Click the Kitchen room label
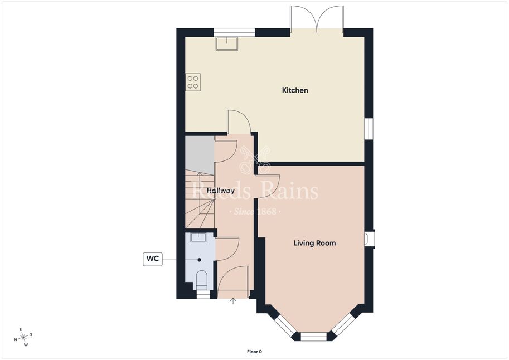pyautogui.click(x=295, y=90)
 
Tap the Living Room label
pyautogui.click(x=314, y=243)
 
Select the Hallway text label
pyautogui.click(x=221, y=191)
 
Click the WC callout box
pyautogui.click(x=153, y=259)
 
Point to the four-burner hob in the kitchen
pyautogui.click(x=193, y=82)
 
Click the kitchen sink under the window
pyautogui.click(x=227, y=43)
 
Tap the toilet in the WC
pyautogui.click(x=202, y=280)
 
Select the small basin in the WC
pyautogui.click(x=198, y=237)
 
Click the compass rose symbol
pyautogui.click(x=23, y=337)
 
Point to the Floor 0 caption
pyautogui.click(x=254, y=352)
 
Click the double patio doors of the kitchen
pyautogui.click(x=317, y=19)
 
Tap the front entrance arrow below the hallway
pyautogui.click(x=232, y=301)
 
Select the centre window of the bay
pyautogui.click(x=313, y=337)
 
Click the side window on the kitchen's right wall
pyautogui.click(x=369, y=129)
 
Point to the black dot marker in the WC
pyautogui.click(x=200, y=260)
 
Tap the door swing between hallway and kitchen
pyautogui.click(x=239, y=121)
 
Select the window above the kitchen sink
pyautogui.click(x=234, y=32)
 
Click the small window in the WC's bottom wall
pyautogui.click(x=203, y=294)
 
